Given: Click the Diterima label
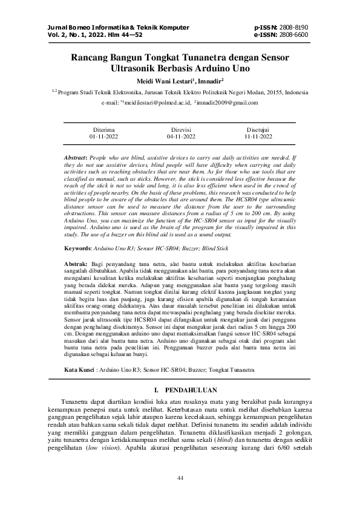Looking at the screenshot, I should point(104,130).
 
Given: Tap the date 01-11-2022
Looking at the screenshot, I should point(104,137).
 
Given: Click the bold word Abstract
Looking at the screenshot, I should point(76,157).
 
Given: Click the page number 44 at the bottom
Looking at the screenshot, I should point(180,479).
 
